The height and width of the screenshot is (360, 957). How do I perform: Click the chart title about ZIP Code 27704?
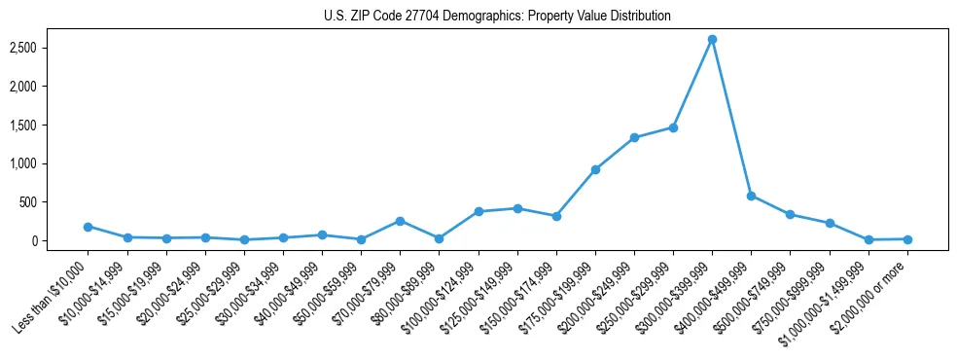click(x=497, y=17)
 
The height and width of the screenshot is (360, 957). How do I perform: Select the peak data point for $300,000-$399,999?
click(x=712, y=39)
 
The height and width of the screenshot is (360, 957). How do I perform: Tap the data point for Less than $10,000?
click(x=88, y=227)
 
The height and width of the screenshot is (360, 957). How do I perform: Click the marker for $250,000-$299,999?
click(x=673, y=127)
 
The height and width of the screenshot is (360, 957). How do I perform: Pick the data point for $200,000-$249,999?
click(x=634, y=138)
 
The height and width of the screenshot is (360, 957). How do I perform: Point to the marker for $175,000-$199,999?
click(x=595, y=169)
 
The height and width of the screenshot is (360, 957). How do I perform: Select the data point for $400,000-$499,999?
click(x=751, y=196)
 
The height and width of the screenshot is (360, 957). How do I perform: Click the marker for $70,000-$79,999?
click(x=400, y=221)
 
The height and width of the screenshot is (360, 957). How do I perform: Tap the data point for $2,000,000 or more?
click(x=907, y=239)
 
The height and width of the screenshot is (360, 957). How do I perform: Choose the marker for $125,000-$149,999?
click(x=517, y=208)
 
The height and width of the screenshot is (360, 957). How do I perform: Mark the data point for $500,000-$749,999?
click(x=790, y=214)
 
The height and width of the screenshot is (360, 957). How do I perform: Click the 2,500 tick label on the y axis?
click(x=51, y=48)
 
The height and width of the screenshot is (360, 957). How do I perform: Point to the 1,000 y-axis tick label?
click(x=51, y=163)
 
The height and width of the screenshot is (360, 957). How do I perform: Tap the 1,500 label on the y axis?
click(x=51, y=125)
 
